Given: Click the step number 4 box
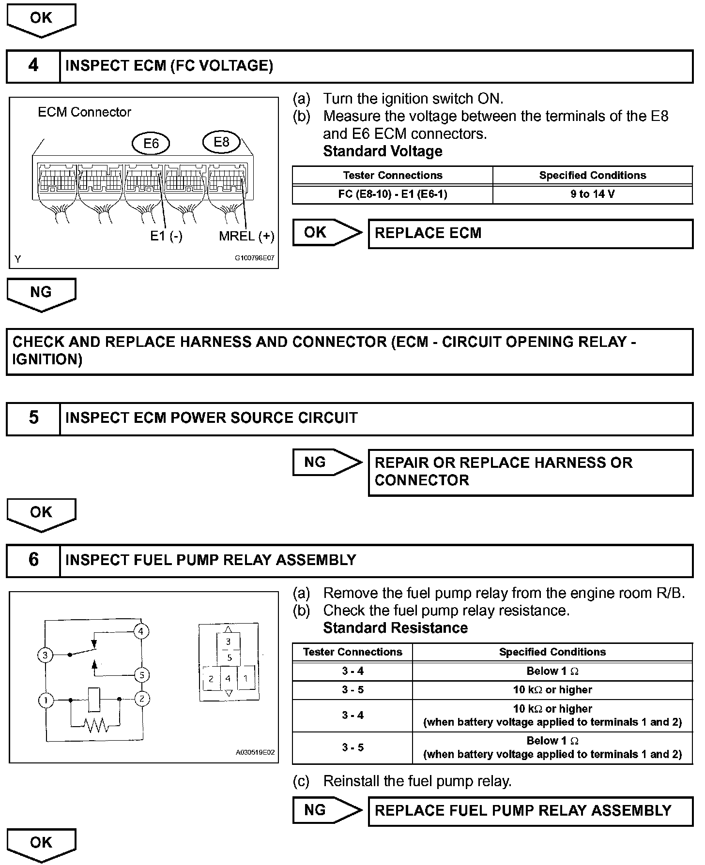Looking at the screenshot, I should [33, 66].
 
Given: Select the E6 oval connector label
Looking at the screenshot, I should [151, 144].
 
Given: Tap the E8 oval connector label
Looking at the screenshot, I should [221, 142].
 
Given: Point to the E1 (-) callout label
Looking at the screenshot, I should [166, 236].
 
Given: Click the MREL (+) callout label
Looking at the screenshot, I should [246, 236].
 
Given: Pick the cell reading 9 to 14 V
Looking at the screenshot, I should [592, 194].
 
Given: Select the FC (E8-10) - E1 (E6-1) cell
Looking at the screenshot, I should [392, 194].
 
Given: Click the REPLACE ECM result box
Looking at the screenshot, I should [530, 234].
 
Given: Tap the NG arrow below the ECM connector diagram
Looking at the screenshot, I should [41, 294].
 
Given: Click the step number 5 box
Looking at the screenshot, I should [33, 418].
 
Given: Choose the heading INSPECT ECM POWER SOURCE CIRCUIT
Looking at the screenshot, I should [212, 418].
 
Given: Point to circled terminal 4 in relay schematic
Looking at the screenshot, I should [141, 631].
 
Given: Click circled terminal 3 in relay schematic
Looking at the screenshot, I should [45, 656].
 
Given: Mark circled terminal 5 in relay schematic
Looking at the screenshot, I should [141, 675].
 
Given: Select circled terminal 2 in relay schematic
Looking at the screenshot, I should [141, 699].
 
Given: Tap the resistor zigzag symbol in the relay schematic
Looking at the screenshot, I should [95, 724].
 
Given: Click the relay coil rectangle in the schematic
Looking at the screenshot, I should [94, 699].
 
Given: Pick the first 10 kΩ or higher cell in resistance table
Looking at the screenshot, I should [552, 690].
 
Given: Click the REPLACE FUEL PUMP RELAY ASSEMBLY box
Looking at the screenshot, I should [530, 810].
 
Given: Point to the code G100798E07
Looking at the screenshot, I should [254, 258].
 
